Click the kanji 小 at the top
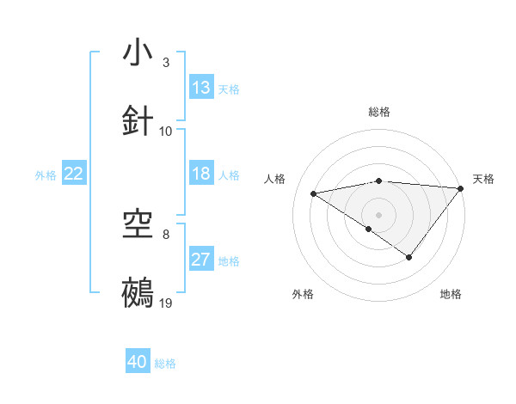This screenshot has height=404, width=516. click(x=138, y=53)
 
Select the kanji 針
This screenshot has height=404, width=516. click(x=138, y=120)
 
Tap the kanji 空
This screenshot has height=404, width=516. click(x=138, y=226)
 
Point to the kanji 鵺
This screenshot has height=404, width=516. click(x=138, y=293)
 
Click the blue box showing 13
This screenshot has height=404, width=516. click(x=201, y=88)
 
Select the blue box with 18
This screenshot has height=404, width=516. click(x=201, y=174)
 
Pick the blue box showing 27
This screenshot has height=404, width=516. click(x=201, y=260)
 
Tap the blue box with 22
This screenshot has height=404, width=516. click(x=74, y=174)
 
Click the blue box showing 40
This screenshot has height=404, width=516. click(x=138, y=362)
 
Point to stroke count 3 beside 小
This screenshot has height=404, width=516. click(x=166, y=63)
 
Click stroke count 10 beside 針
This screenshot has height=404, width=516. click(x=166, y=131)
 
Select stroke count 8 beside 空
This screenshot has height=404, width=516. click(x=166, y=235)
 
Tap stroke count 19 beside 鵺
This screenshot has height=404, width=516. click(x=166, y=303)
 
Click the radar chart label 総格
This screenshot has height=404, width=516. click(x=379, y=112)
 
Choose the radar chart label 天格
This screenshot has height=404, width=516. click(x=483, y=179)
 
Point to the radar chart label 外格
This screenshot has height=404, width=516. click(x=303, y=294)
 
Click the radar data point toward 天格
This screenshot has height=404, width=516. click(x=461, y=188)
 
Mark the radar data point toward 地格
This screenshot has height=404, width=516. click(x=409, y=257)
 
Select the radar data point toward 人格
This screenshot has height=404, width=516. click(x=314, y=193)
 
